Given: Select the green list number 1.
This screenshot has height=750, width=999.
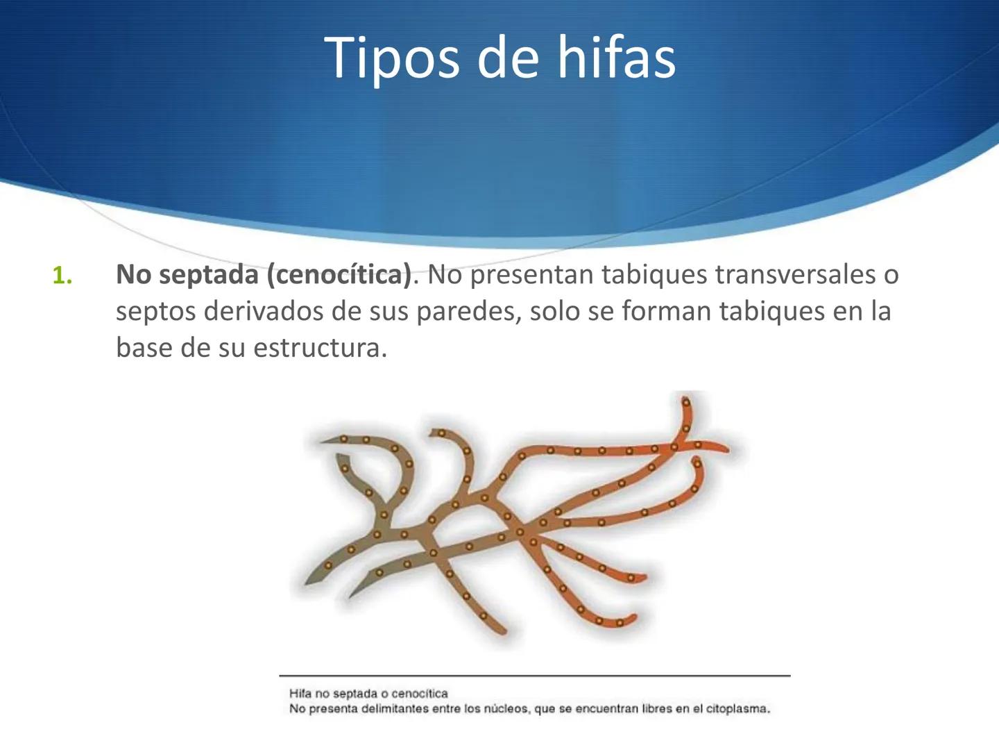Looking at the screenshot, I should [62, 276].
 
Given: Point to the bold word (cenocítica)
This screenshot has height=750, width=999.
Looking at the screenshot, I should [339, 276].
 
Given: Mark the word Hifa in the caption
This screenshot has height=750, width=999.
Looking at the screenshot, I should [300, 693].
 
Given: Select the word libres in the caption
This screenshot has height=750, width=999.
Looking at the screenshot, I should [656, 709].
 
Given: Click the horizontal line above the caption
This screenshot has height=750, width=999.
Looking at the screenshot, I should [534, 675].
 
